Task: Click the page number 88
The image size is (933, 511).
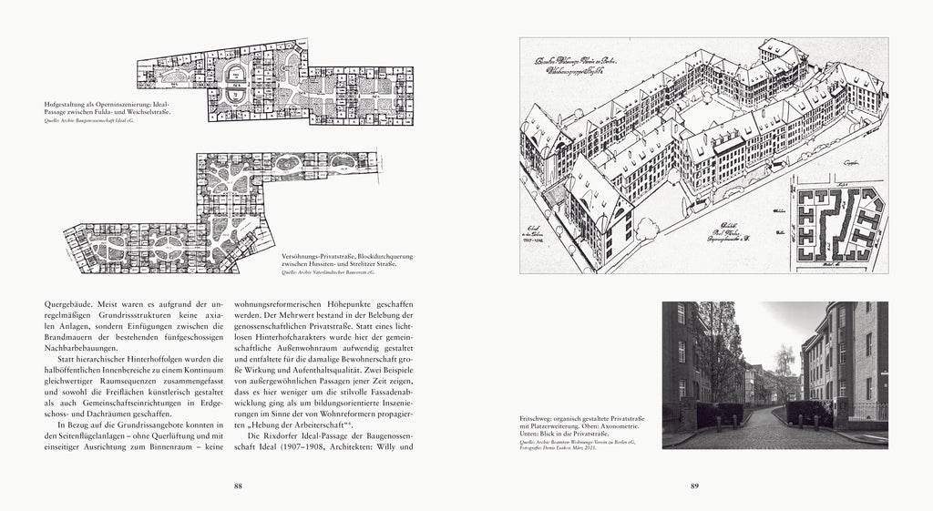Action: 238,485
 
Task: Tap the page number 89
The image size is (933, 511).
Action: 694,485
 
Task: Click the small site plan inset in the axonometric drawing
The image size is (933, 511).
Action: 836,224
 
